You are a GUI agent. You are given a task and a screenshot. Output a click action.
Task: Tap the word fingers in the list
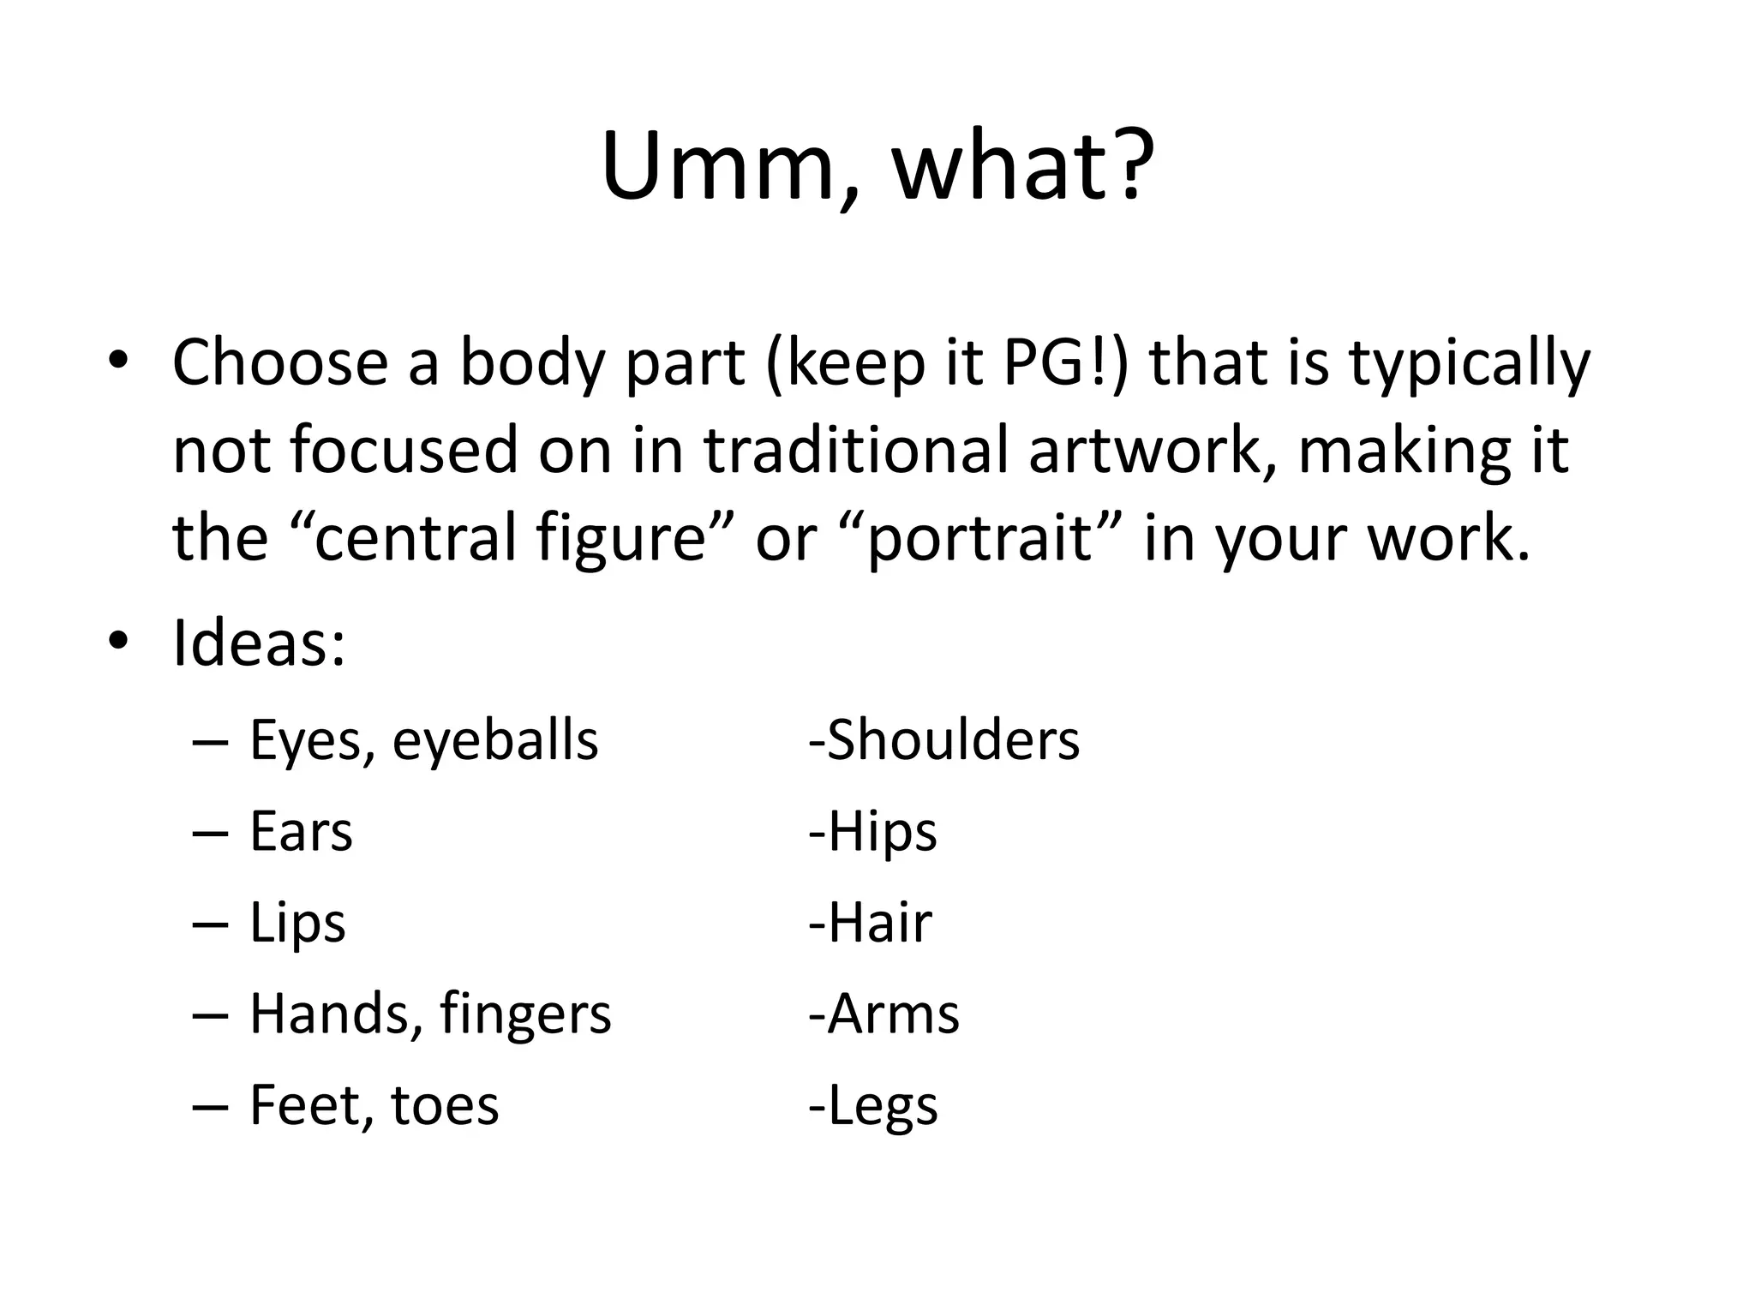click(x=525, y=1014)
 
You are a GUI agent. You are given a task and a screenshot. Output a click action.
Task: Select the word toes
click(x=445, y=1105)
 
